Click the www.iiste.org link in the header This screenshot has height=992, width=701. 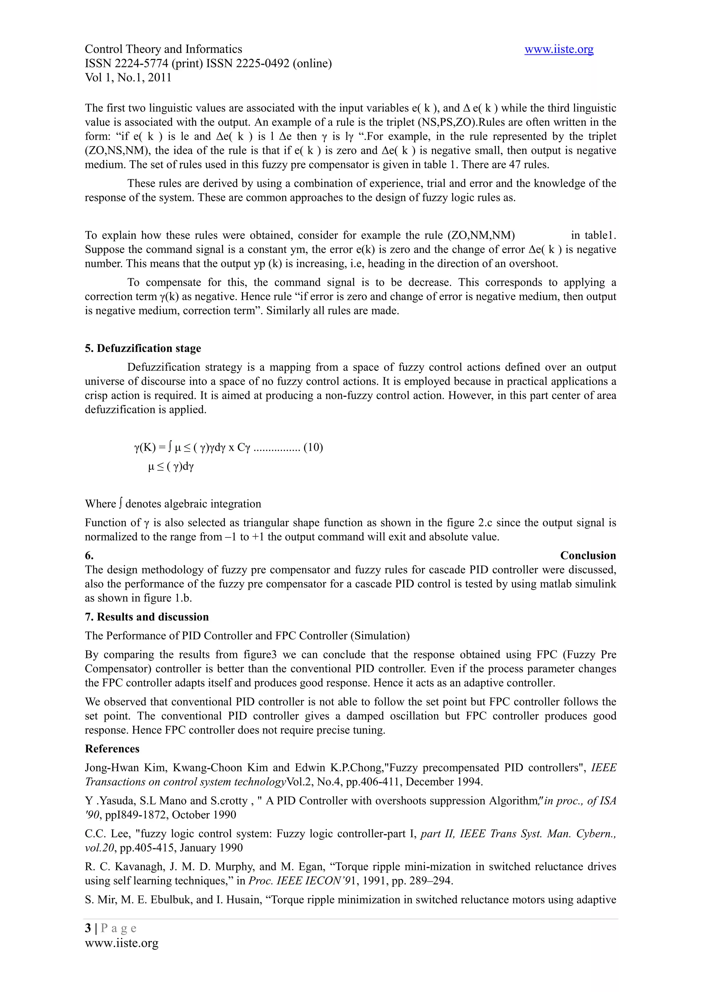pyautogui.click(x=559, y=50)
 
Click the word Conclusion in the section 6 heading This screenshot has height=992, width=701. pyautogui.click(x=588, y=555)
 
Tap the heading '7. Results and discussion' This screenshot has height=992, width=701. pyautogui.click(x=146, y=616)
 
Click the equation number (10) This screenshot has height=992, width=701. pyautogui.click(x=313, y=447)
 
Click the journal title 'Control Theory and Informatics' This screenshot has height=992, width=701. pyautogui.click(x=163, y=49)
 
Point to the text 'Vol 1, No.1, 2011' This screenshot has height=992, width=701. pyautogui.click(x=128, y=78)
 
